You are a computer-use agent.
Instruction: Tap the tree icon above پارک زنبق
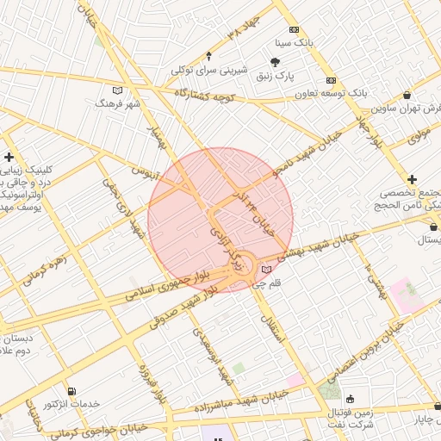pos(275,62)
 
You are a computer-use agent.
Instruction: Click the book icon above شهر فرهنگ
pos(118,90)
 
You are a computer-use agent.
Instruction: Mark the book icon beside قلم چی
pos(265,269)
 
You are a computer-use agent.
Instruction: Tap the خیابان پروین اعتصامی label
pos(362,345)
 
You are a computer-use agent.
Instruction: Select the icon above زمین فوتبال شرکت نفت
pos(350,398)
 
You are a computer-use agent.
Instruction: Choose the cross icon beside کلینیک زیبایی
pos(9,157)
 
